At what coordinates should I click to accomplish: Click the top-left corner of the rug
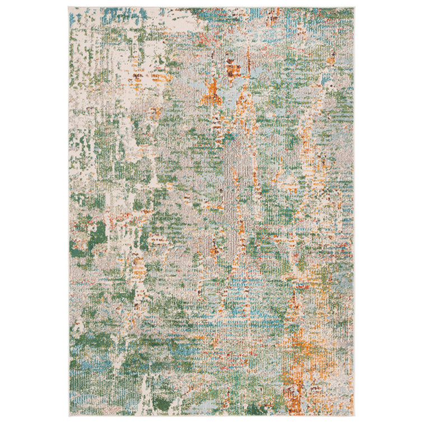coord(69,8)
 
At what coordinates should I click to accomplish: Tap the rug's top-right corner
coord(354,8)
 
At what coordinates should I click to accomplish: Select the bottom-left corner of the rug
coord(69,416)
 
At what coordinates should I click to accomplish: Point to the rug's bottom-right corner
coord(354,416)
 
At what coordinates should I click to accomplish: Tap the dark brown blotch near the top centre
coord(233,69)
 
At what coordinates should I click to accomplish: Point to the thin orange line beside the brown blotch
coord(249,59)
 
